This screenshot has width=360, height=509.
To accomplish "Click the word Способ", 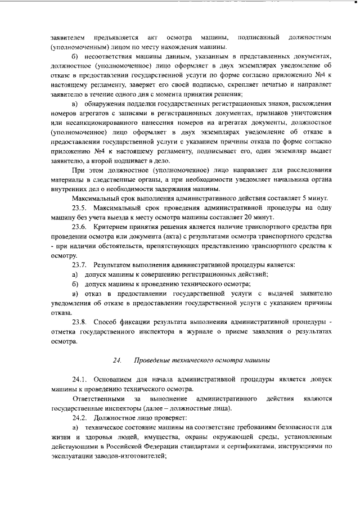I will (106, 322).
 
